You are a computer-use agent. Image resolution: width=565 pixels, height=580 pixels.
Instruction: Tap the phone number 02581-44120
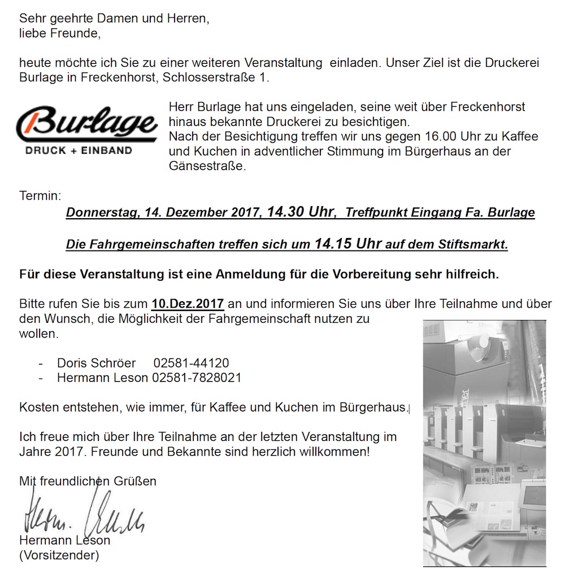point(191,363)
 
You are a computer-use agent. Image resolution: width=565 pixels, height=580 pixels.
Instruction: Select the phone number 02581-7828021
point(197,378)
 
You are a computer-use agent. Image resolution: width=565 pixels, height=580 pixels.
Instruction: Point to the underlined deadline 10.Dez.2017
point(188,303)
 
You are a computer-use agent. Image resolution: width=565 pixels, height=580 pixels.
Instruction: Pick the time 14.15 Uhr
point(347,245)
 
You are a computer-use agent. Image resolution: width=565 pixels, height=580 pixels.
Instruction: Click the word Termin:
point(40,196)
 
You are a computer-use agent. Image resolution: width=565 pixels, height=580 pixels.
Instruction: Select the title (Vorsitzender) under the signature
point(59,555)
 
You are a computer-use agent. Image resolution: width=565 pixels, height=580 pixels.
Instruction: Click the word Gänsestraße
point(207,167)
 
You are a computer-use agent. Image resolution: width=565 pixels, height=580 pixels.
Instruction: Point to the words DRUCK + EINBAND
point(79,150)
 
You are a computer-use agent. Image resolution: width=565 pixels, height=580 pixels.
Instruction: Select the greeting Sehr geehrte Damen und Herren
point(114,19)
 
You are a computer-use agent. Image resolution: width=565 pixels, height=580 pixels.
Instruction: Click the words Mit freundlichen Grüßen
point(88,481)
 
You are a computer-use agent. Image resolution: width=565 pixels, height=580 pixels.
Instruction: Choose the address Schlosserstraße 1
point(215,77)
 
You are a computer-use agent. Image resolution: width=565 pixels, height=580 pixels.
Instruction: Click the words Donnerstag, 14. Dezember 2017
point(164,213)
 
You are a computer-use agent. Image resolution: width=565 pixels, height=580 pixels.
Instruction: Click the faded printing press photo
point(484,442)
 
